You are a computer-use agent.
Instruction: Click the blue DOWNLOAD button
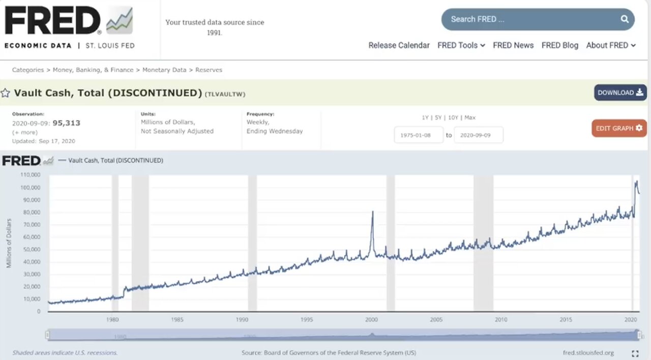click(x=620, y=93)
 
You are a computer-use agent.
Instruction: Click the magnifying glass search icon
click(x=625, y=19)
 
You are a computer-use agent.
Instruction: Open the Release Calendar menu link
click(x=399, y=45)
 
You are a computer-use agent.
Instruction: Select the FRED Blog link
click(x=559, y=45)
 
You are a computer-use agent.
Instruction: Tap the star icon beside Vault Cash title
click(x=6, y=93)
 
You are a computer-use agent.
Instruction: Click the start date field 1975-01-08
click(x=419, y=135)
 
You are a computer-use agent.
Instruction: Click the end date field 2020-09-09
click(x=478, y=135)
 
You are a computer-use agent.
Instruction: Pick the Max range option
click(x=470, y=117)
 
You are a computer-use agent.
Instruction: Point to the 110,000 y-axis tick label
click(x=31, y=175)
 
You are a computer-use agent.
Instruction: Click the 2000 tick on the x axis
click(x=372, y=320)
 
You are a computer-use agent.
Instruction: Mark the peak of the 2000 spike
click(x=373, y=212)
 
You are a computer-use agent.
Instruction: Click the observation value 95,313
click(x=66, y=123)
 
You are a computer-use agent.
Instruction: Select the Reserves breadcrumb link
click(x=209, y=70)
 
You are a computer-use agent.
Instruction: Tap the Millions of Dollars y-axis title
click(x=9, y=243)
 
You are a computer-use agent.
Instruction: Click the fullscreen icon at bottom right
click(x=635, y=353)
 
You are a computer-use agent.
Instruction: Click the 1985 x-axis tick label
click(x=177, y=320)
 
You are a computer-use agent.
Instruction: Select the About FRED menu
click(x=610, y=45)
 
